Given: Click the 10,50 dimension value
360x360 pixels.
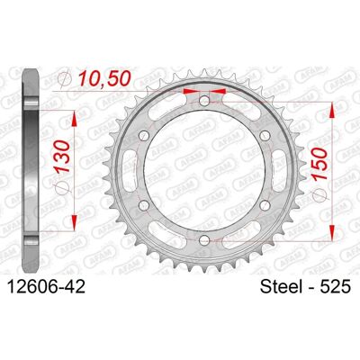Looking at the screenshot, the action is click(x=104, y=78).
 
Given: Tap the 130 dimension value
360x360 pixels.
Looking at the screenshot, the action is click(x=63, y=156).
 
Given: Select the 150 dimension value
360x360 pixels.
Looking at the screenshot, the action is click(x=319, y=164).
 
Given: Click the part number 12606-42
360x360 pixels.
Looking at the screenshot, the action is click(x=46, y=286).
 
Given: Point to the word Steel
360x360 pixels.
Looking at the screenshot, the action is click(x=281, y=286).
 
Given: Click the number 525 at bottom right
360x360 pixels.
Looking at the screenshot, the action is click(x=336, y=286).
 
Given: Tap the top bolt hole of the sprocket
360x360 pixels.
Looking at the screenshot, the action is click(x=204, y=100).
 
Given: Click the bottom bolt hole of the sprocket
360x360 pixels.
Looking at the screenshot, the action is click(x=204, y=239).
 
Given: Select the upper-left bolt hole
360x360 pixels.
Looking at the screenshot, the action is click(x=144, y=135).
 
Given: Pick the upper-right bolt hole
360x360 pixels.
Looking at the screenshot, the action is click(x=265, y=135).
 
